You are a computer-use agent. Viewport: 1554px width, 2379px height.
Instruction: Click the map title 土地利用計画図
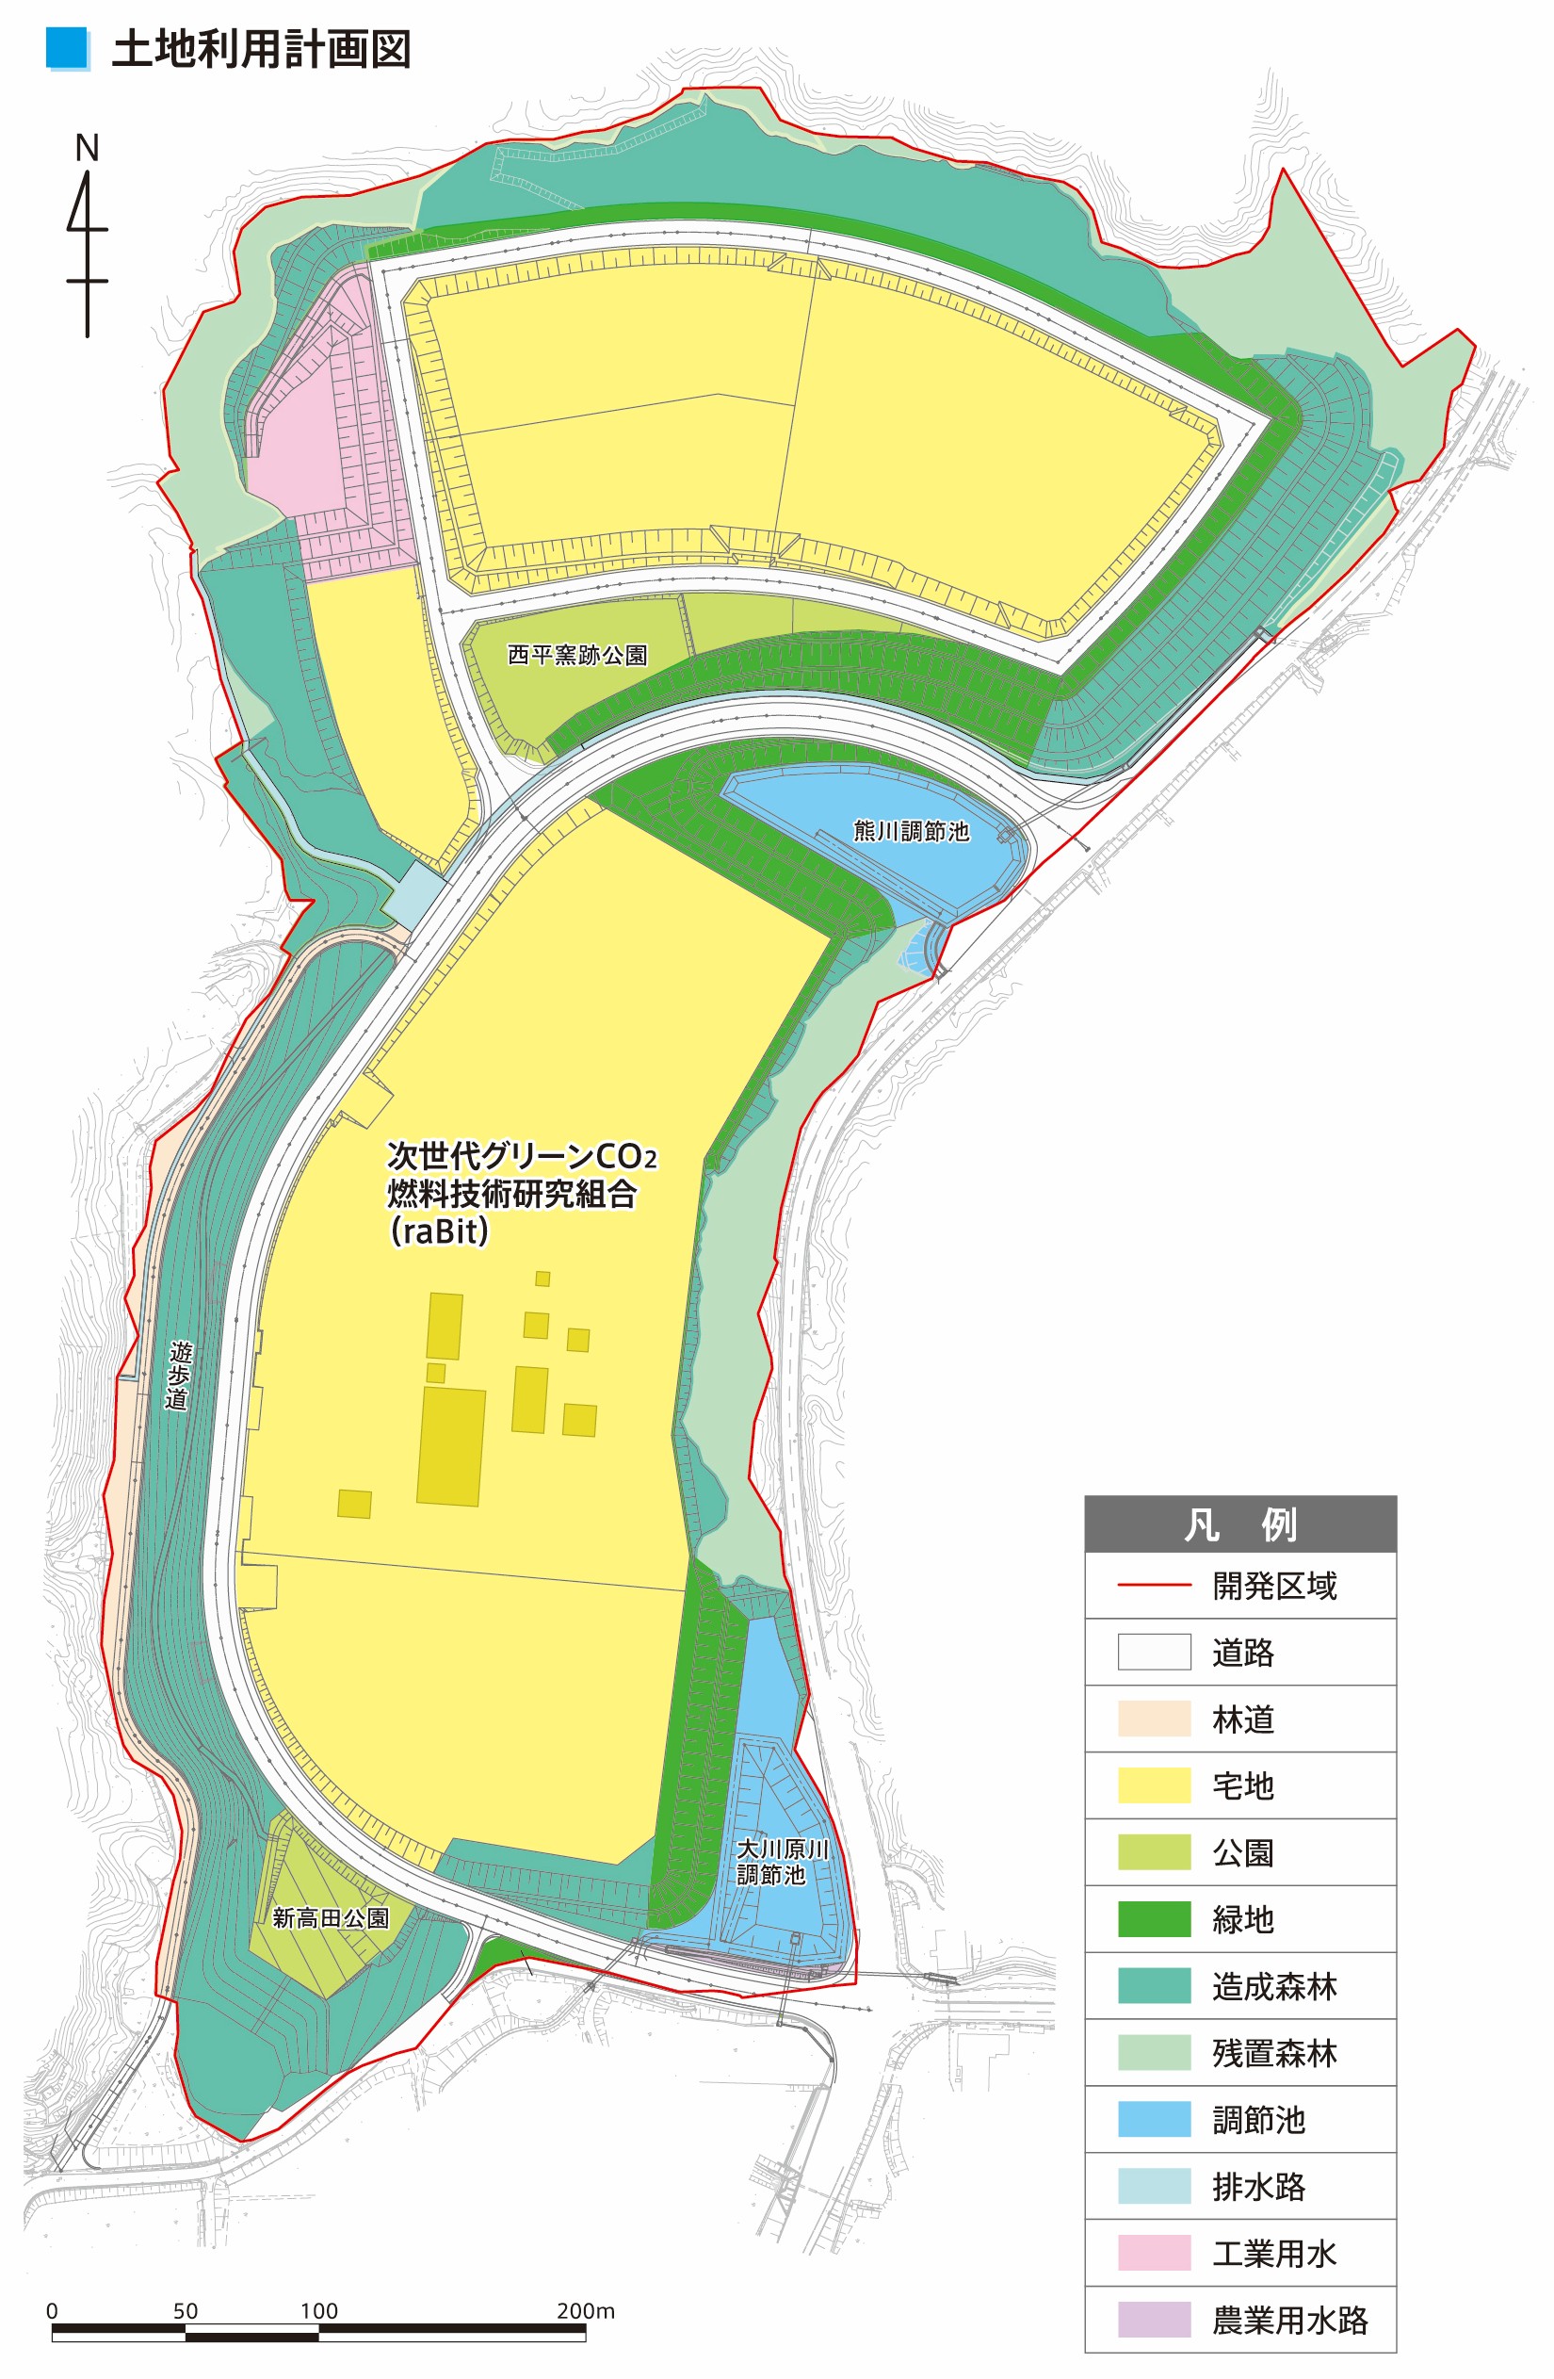(261, 50)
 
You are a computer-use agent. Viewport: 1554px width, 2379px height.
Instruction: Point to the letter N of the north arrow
(87, 149)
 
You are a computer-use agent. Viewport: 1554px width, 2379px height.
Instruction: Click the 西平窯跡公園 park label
(577, 656)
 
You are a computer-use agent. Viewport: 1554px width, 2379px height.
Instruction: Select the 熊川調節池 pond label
(911, 832)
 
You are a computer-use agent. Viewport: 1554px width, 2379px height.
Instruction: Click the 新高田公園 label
(330, 1918)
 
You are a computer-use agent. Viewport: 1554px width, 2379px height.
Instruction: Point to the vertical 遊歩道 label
(179, 1376)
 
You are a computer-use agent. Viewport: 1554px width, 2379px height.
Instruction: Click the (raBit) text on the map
(440, 1231)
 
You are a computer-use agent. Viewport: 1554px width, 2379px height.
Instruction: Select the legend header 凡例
(1239, 1525)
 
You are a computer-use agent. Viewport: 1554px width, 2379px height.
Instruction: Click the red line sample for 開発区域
(1154, 1587)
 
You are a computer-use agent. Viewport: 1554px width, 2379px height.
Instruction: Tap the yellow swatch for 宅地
(1154, 1786)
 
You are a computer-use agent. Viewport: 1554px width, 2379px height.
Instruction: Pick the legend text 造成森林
(1274, 1986)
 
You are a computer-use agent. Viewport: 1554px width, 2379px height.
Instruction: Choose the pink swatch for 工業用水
(1154, 2253)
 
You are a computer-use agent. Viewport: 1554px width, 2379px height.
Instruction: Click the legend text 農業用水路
(1289, 2320)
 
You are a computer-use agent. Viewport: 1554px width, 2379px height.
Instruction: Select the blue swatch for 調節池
(1154, 2119)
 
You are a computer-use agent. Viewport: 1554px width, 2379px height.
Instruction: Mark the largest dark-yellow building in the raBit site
(451, 1446)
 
